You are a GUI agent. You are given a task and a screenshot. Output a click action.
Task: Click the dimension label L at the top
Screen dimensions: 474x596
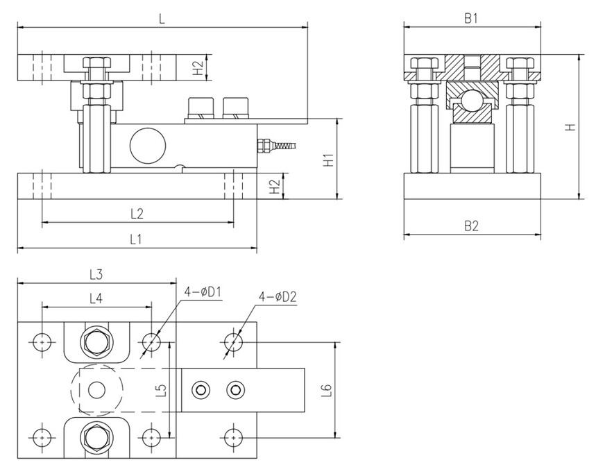(161, 20)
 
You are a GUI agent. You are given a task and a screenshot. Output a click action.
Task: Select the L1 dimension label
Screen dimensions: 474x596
(137, 239)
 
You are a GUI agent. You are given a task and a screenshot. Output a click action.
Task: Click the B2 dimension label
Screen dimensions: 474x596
(471, 226)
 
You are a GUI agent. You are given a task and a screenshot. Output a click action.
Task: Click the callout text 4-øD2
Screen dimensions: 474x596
(278, 297)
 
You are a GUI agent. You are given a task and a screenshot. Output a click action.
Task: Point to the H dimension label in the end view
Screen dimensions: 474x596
(569, 128)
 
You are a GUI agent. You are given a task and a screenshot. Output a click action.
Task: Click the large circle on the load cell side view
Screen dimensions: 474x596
(145, 144)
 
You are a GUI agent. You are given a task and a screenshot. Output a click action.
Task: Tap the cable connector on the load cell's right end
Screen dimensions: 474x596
(264, 145)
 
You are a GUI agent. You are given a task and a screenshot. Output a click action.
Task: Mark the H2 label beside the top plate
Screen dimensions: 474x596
(197, 67)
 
